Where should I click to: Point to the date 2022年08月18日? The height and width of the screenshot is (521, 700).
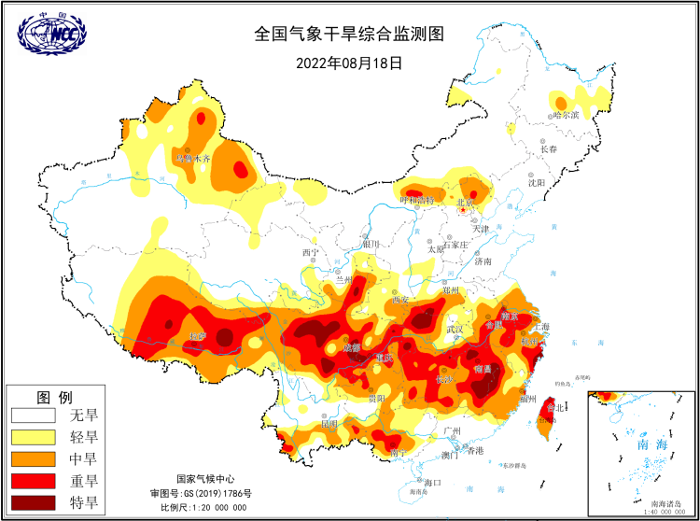click(x=349, y=63)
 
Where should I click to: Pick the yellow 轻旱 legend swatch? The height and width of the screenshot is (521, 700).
click(x=35, y=436)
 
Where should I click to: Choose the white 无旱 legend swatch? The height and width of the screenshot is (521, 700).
click(x=35, y=414)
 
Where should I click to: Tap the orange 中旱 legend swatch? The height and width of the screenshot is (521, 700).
click(x=35, y=458)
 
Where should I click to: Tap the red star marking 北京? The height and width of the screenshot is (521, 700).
click(x=462, y=211)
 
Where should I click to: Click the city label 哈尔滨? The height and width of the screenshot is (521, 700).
click(x=566, y=115)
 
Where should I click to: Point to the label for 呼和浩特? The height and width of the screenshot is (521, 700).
click(x=416, y=200)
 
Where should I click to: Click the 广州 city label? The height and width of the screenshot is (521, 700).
click(x=454, y=429)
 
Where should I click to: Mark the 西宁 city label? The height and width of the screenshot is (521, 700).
click(x=310, y=253)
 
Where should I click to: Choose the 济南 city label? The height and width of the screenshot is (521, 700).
click(x=483, y=262)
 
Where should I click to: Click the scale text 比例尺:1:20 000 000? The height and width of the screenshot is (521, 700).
click(x=203, y=507)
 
